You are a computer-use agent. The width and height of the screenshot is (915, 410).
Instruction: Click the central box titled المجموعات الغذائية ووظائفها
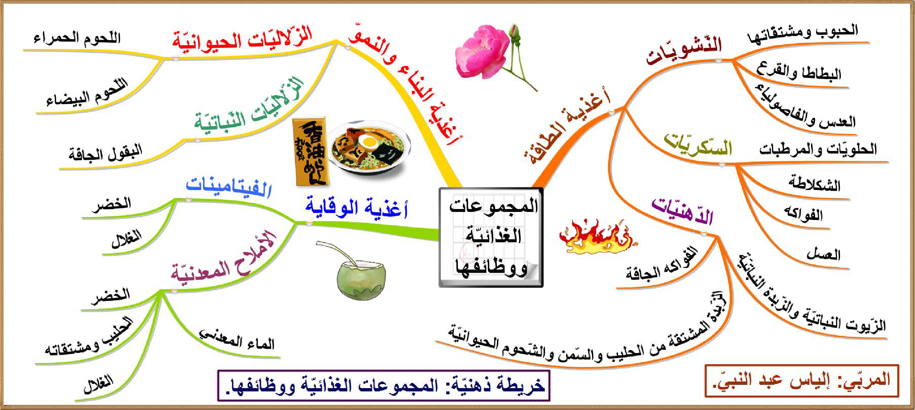pyautogui.click(x=491, y=237)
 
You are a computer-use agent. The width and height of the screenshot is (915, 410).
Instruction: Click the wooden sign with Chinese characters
pyautogui.click(x=310, y=151)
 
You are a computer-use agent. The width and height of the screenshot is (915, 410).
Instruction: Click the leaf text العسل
pyautogui.click(x=823, y=254)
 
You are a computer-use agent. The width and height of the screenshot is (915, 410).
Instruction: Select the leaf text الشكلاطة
pyautogui.click(x=814, y=183)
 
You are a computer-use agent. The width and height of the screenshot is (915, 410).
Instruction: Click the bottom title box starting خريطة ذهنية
pyautogui.click(x=383, y=386)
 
